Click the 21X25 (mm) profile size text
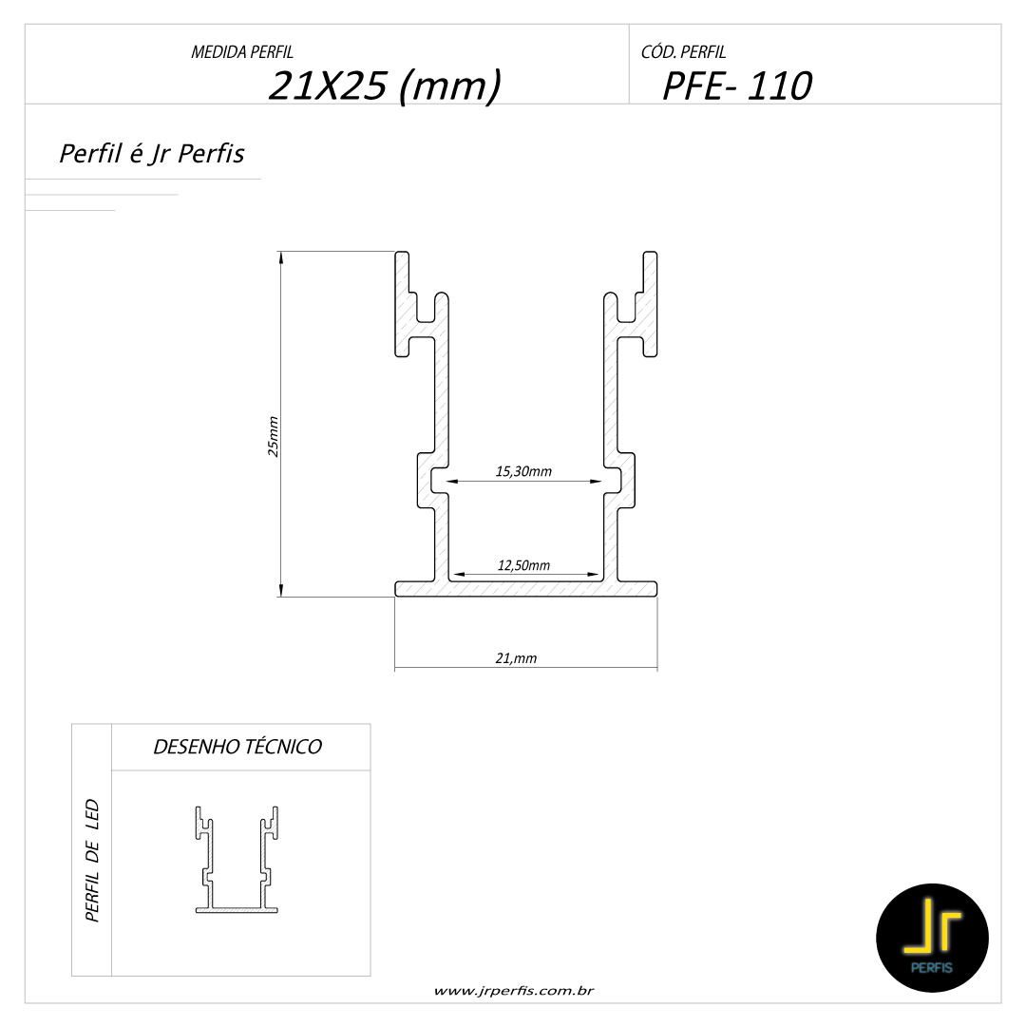[x=385, y=85]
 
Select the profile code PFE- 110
[x=737, y=85]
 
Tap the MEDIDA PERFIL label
[x=242, y=52]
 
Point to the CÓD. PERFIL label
[x=683, y=51]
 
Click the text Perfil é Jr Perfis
[x=152, y=154]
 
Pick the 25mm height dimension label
[x=273, y=436]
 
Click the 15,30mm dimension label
[x=523, y=471]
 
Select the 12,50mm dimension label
[x=523, y=565]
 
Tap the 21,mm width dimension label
[x=516, y=658]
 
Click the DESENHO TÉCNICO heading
[x=237, y=747]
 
